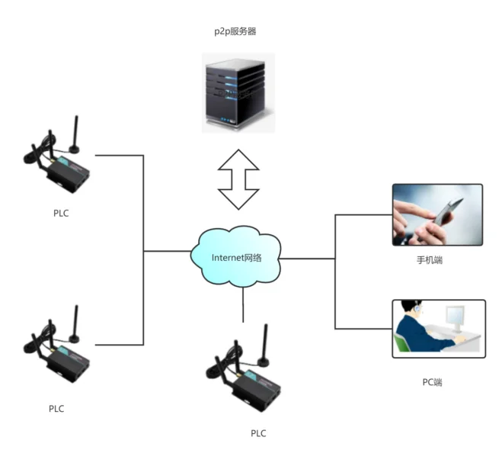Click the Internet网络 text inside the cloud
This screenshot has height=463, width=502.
click(236, 258)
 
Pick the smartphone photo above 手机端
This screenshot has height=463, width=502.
click(437, 214)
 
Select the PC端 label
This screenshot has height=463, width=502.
click(431, 382)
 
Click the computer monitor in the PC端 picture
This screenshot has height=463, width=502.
click(456, 317)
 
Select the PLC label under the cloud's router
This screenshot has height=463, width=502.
click(259, 433)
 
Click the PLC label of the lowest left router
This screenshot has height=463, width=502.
click(56, 408)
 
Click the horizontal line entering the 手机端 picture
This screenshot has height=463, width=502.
click(363, 215)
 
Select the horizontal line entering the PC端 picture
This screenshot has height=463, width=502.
click(363, 330)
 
